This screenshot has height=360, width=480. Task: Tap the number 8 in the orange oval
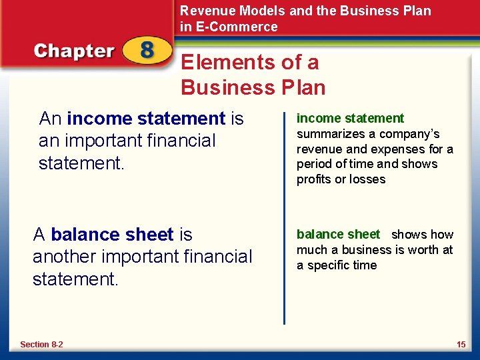click(x=147, y=52)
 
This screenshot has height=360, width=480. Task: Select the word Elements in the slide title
click(x=223, y=63)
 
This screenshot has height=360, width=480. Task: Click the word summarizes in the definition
click(x=328, y=133)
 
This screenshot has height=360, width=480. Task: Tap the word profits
click(x=315, y=179)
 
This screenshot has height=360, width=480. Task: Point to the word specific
click(x=337, y=265)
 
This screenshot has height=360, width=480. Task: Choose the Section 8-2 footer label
click(x=41, y=345)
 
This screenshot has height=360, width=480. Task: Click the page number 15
click(x=461, y=345)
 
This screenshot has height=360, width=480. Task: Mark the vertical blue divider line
click(x=285, y=213)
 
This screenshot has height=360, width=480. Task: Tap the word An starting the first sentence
click(x=51, y=119)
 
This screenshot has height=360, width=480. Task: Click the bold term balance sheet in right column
click(x=338, y=235)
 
